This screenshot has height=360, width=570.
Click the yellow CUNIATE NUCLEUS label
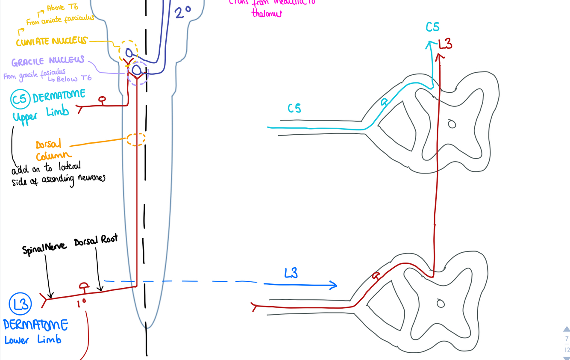[x=51, y=41]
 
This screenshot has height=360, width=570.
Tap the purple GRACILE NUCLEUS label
[x=48, y=61]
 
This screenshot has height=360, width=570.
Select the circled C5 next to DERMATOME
[x=19, y=99]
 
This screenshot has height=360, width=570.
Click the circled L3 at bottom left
[x=20, y=304]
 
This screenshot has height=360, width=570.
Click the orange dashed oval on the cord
[x=136, y=139]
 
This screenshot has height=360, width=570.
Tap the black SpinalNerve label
[x=44, y=248]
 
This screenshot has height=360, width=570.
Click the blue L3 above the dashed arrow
[x=291, y=273]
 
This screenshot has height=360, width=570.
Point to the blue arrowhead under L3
[x=332, y=285]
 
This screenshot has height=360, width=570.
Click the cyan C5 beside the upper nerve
[x=294, y=109]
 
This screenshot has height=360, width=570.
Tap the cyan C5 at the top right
[x=432, y=27]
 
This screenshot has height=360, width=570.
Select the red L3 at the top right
[x=445, y=44]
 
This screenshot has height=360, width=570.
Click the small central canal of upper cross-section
[x=452, y=124]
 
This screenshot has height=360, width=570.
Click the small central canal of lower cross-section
[x=441, y=304]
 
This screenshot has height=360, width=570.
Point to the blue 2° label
[x=182, y=12]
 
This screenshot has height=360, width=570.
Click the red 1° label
[x=81, y=303]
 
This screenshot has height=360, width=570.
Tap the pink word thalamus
[x=267, y=14]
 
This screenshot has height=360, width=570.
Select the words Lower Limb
[x=33, y=340]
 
